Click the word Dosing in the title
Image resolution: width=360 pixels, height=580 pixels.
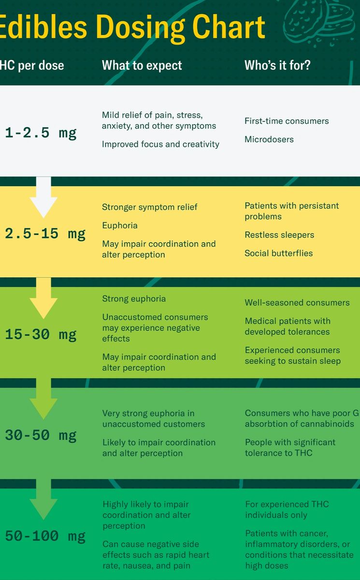tap(141, 28)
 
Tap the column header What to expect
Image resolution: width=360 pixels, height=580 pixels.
tap(142, 65)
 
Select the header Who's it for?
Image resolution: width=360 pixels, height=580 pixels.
tap(277, 65)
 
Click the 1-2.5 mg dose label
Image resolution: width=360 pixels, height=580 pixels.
tap(41, 133)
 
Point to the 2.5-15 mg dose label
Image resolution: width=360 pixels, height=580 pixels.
tap(45, 234)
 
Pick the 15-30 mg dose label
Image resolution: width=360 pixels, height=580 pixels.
tap(41, 334)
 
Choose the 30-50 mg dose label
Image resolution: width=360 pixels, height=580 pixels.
tap(41, 435)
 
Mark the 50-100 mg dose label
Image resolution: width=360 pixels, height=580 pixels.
tap(45, 536)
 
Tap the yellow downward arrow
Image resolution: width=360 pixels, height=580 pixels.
tap(43, 298)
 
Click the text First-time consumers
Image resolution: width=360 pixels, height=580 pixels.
tap(287, 121)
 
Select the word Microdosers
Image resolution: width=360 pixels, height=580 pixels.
tap(269, 139)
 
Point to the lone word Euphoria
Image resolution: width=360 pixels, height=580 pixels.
tap(120, 226)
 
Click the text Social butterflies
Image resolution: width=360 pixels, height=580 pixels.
tap(279, 253)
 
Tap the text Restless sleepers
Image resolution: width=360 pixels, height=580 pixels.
tap(279, 235)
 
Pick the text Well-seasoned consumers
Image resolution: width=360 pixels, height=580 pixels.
tap(297, 303)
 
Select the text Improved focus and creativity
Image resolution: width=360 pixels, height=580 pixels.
tap(161, 144)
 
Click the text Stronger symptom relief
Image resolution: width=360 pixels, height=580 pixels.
tap(150, 207)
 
